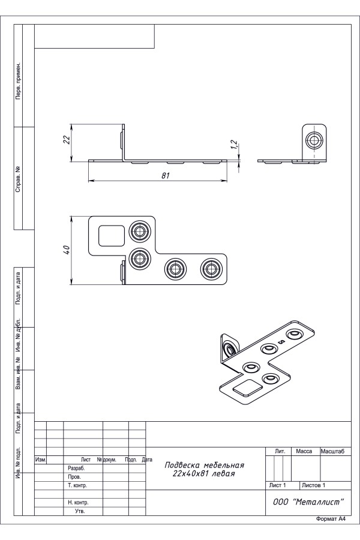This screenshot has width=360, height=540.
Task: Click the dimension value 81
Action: click(x=166, y=176)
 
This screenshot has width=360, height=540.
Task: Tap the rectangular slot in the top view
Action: click(x=110, y=234)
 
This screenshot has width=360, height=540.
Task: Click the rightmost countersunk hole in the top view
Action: click(x=210, y=268)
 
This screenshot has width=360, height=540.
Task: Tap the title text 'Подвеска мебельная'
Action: click(x=205, y=465)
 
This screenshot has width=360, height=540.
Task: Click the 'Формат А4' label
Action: click(x=331, y=518)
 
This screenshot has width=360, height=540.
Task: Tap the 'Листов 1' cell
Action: click(x=314, y=484)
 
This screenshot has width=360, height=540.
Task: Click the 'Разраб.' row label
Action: click(x=76, y=468)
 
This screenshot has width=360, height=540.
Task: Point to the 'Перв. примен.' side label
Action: click(x=19, y=80)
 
